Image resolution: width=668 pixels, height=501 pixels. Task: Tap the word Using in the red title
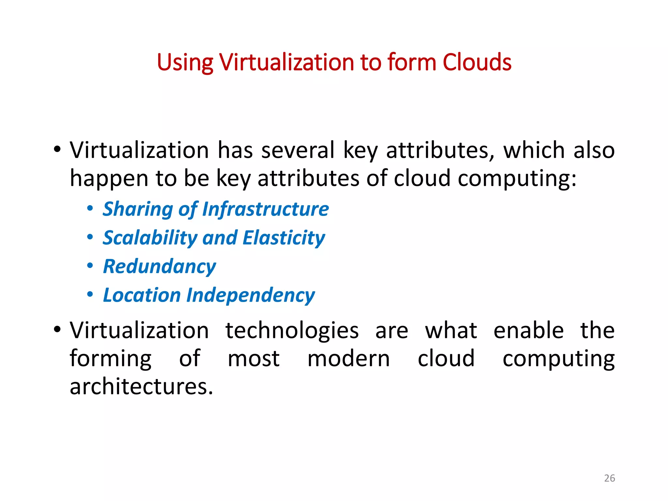click(185, 63)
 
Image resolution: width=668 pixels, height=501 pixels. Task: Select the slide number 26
click(609, 478)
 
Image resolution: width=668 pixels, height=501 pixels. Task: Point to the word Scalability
click(150, 238)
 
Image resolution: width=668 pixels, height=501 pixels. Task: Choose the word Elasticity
click(284, 238)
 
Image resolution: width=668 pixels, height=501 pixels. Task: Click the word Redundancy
click(159, 266)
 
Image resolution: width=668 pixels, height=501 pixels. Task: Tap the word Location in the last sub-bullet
click(142, 295)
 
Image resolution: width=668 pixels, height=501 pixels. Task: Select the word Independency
click(250, 296)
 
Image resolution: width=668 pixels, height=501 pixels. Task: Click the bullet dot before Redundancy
click(90, 266)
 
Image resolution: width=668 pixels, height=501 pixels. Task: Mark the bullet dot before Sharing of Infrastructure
click(90, 208)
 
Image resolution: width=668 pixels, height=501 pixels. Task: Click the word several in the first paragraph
click(298, 150)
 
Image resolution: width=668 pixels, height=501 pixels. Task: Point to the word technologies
click(292, 331)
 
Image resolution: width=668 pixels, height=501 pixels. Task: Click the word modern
click(348, 359)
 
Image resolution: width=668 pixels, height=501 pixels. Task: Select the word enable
click(528, 330)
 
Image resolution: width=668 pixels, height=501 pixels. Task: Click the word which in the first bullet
click(534, 150)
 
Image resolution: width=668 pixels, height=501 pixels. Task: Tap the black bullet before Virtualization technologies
click(57, 329)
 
